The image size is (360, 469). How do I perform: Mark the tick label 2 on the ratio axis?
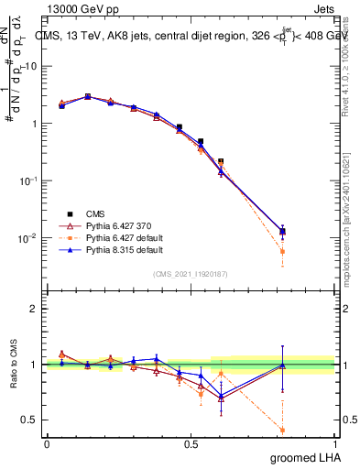(x=34, y=309)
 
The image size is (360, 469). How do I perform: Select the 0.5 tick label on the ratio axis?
(x=30, y=420)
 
